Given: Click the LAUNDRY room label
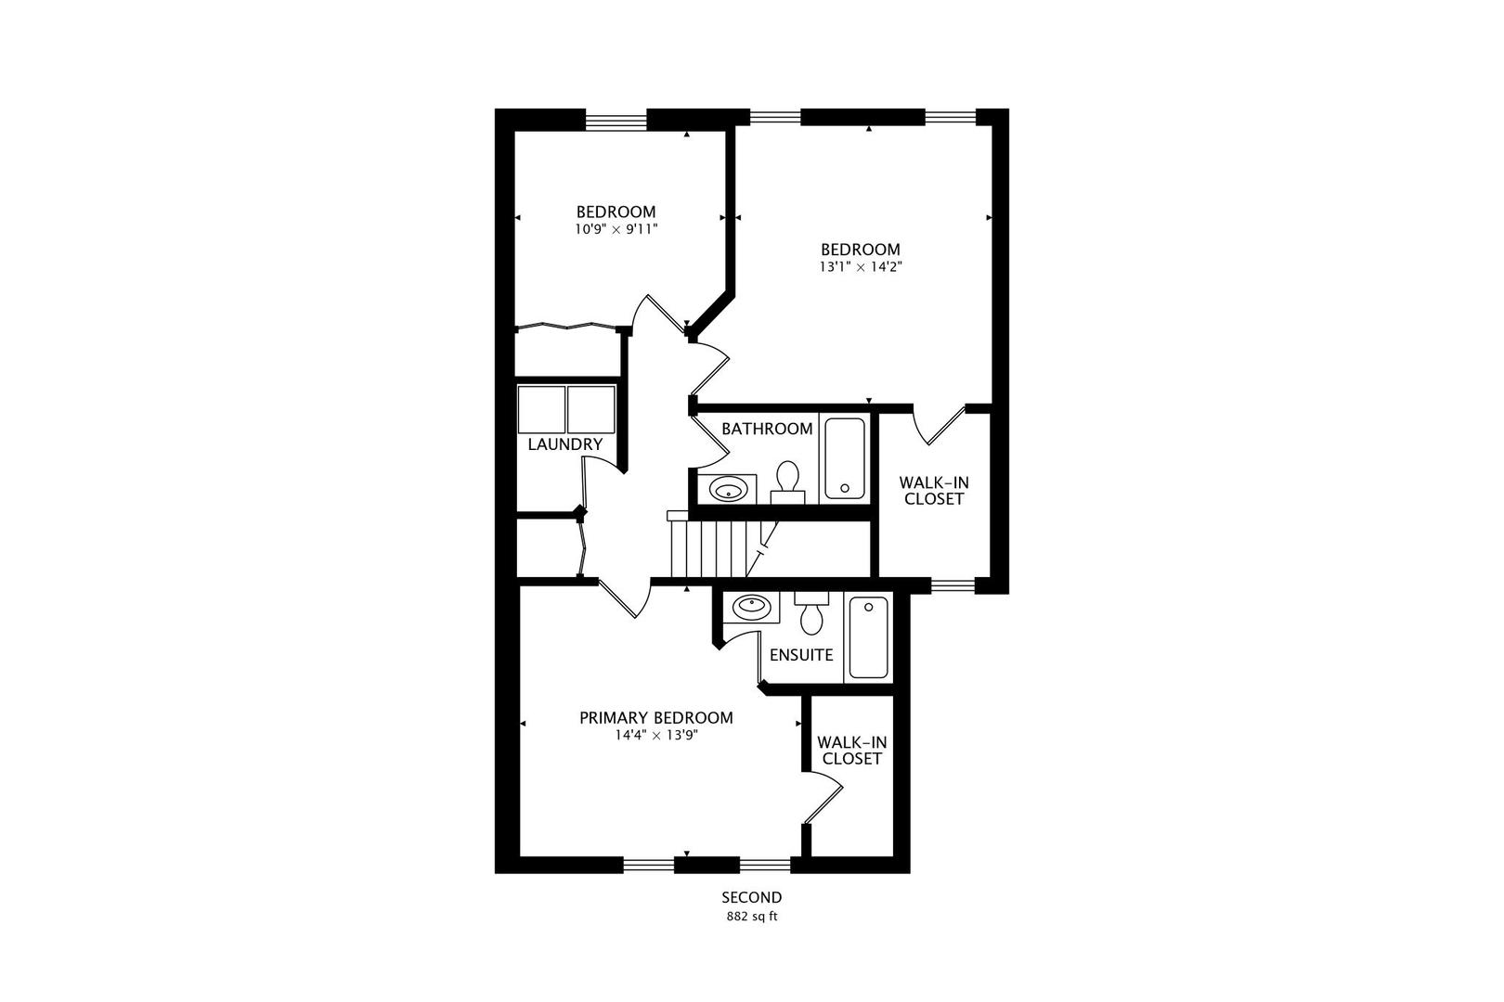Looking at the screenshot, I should click(565, 444).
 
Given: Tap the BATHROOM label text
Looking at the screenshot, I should click(767, 429).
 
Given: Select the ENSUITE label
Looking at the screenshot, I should click(801, 655).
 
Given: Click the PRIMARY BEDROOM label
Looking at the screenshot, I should click(656, 718).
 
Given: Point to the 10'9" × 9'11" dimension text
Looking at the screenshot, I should click(616, 228).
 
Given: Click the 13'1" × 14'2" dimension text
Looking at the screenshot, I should click(861, 266).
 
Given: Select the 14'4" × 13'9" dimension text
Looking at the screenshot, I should click(656, 736).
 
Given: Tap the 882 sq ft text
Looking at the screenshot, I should click(752, 917).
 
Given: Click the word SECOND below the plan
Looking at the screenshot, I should click(752, 897).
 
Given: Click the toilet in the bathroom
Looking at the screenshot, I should click(787, 480).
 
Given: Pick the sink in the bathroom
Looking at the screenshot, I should click(733, 488).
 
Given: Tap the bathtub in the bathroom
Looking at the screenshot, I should click(845, 458).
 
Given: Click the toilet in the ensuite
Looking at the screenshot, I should click(812, 613).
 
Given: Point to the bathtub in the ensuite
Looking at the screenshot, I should click(868, 636).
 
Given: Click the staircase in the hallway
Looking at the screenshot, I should click(720, 547).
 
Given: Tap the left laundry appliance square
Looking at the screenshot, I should click(541, 409).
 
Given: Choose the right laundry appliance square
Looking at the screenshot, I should click(591, 409).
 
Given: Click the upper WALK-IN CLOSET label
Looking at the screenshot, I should click(933, 491).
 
